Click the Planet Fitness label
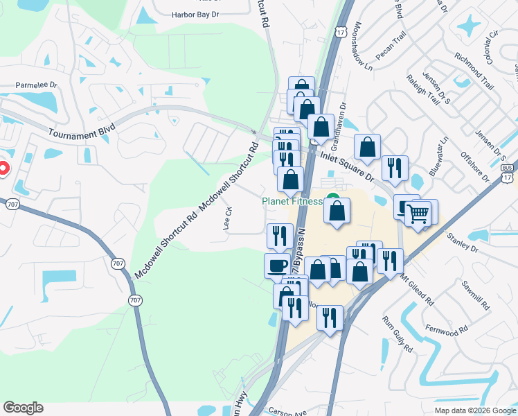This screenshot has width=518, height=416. click(292, 201)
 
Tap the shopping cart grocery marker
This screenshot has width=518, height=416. click(418, 215)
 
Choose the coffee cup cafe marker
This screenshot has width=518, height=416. click(277, 265)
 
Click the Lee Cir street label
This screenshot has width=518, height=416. click(226, 218)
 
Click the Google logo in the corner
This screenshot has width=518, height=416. click(23, 408)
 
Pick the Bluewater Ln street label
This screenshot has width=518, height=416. click(438, 156)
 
